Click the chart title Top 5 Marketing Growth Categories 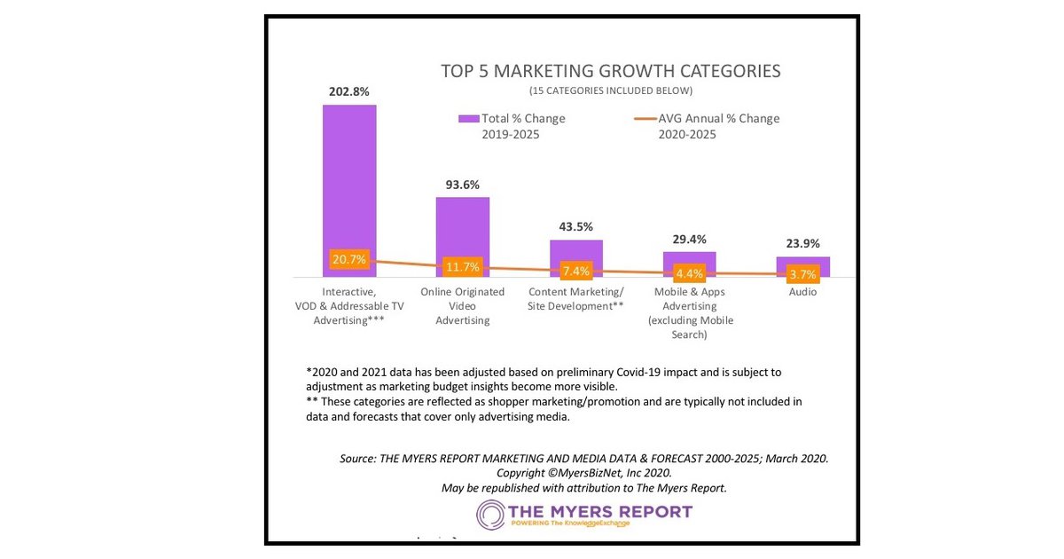point(611,71)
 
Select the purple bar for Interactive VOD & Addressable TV point(349,177)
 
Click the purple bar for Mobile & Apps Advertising point(689,258)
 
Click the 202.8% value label point(348,91)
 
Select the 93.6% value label point(462,185)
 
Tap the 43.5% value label point(576,227)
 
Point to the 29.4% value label point(689,240)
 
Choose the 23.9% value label point(803,244)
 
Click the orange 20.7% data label point(349,260)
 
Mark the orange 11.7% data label point(462,267)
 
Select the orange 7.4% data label point(575,271)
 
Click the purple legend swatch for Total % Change point(468,119)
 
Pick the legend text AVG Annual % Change point(718,119)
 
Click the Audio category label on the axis point(802,292)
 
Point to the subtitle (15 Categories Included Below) point(611,91)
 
